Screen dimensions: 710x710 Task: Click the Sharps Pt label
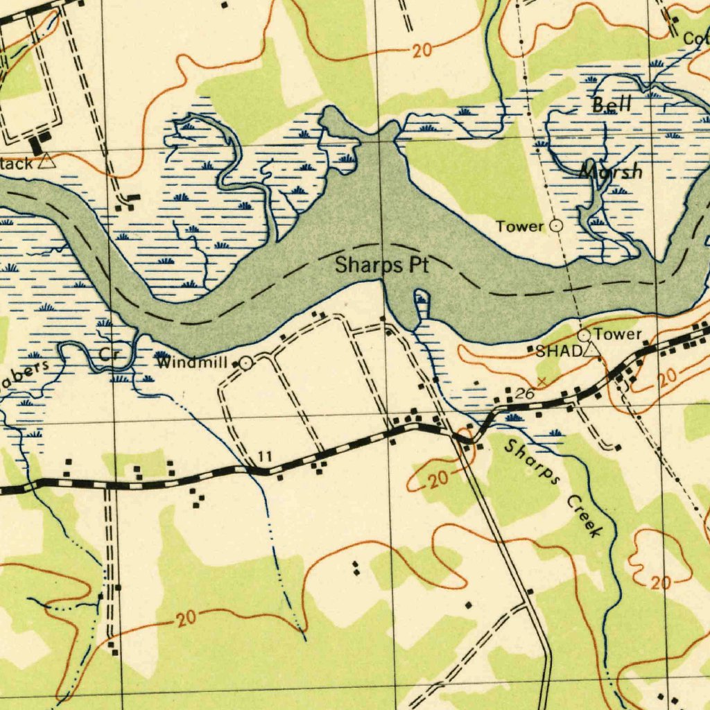tap(382, 265)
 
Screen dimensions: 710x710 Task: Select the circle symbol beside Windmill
tap(245, 363)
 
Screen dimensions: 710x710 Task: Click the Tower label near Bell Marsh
tap(520, 226)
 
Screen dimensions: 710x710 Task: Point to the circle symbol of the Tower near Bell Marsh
tap(556, 225)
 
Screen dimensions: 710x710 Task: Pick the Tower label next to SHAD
tap(617, 335)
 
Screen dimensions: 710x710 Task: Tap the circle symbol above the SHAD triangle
tap(584, 336)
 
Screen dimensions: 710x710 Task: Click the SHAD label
tap(558, 352)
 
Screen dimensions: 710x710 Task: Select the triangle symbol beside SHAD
tap(591, 351)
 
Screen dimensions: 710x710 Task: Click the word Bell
tap(612, 105)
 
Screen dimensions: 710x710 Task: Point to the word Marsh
tap(611, 171)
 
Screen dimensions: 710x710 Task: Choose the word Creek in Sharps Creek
tap(585, 517)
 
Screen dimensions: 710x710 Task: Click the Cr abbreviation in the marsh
tap(110, 354)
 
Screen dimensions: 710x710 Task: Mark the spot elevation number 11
tap(264, 456)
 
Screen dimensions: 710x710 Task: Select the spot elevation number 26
tap(524, 394)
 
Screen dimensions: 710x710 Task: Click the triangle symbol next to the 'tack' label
tap(46, 162)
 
